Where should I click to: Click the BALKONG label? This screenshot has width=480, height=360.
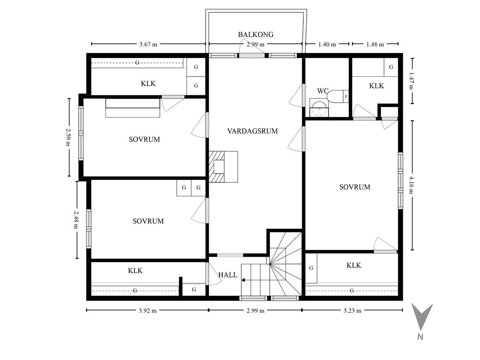pyautogui.click(x=255, y=35)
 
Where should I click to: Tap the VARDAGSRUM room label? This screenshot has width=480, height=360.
pyautogui.click(x=253, y=131)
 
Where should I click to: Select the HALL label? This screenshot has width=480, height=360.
pyautogui.click(x=228, y=275)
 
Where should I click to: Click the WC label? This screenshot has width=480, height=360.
pyautogui.click(x=322, y=91)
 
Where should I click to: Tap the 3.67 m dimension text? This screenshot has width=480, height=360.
pyautogui.click(x=148, y=45)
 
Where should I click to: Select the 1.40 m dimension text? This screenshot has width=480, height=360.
pyautogui.click(x=327, y=45)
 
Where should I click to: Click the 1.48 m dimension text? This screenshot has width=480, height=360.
pyautogui.click(x=375, y=45)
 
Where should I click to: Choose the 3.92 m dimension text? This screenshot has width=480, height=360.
pyautogui.click(x=148, y=311)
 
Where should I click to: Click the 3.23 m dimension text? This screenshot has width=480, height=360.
pyautogui.click(x=352, y=311)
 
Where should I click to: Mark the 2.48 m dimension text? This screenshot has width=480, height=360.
pyautogui.click(x=76, y=219)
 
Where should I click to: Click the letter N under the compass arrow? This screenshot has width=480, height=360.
pyautogui.click(x=420, y=337)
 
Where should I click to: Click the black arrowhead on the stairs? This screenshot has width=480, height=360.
pyautogui.click(x=243, y=280)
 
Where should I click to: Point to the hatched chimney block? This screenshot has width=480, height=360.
pyautogui.click(x=217, y=167)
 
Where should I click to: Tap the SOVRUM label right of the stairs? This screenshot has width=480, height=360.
pyautogui.click(x=355, y=187)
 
